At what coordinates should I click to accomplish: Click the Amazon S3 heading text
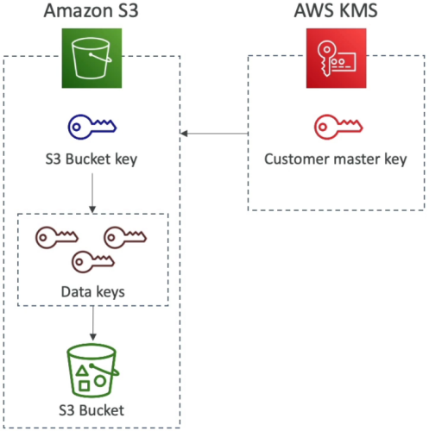(91, 10)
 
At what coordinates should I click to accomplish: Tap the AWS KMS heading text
(336, 10)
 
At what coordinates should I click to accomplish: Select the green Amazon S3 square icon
(91, 58)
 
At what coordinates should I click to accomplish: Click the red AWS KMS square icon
(337, 58)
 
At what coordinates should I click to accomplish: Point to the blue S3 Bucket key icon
(92, 127)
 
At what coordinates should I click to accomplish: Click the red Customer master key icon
(338, 127)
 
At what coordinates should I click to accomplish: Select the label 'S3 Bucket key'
(91, 159)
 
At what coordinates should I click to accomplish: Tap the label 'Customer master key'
(336, 159)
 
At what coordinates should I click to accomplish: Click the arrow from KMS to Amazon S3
(214, 134)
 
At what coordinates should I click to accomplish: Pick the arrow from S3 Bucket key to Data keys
(92, 193)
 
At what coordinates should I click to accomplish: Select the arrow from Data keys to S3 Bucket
(93, 323)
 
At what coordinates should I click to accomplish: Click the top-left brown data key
(57, 238)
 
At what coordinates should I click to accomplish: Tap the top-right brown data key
(125, 238)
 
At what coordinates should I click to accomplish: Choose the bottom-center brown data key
(93, 262)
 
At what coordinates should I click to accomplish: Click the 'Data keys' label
(93, 292)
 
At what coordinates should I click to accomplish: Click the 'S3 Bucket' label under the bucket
(91, 410)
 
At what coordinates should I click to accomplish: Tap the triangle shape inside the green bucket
(82, 371)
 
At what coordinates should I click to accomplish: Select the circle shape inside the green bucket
(100, 381)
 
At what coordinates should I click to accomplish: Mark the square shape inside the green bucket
(84, 386)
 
